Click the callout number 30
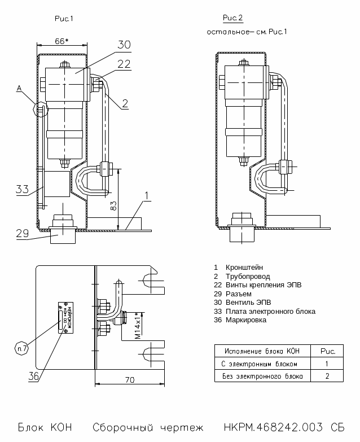[124, 45]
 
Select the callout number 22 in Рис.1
[124, 64]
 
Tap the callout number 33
[22, 189]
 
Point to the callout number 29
[22, 233]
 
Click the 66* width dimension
[62, 41]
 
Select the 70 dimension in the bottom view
[129, 380]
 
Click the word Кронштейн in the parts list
[244, 267]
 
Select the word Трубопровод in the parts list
[247, 276]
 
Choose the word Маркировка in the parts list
[245, 320]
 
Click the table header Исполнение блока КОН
[262, 351]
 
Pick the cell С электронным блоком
[260, 364]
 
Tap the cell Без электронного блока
[262, 376]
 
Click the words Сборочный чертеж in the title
[148, 427]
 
